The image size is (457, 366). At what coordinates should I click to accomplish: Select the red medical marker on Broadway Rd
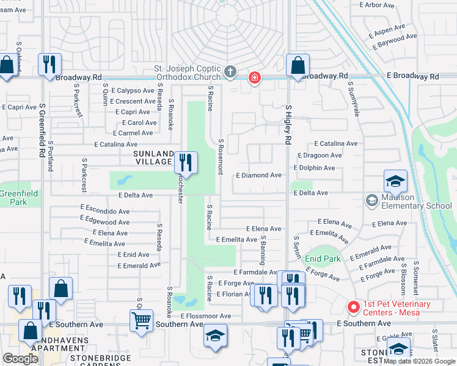click(254, 77)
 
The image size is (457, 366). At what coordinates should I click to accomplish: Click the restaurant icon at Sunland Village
click(186, 163)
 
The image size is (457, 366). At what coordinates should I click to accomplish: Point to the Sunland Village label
click(153, 157)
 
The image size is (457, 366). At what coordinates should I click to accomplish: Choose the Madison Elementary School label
click(416, 201)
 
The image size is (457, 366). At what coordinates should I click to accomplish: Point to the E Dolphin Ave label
click(314, 168)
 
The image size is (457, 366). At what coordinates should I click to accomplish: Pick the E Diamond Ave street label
click(258, 175)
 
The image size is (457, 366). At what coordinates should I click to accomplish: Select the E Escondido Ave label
click(104, 212)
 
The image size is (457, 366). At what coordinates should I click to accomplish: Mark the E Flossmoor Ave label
click(206, 316)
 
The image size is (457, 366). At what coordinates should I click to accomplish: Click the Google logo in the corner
click(20, 359)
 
